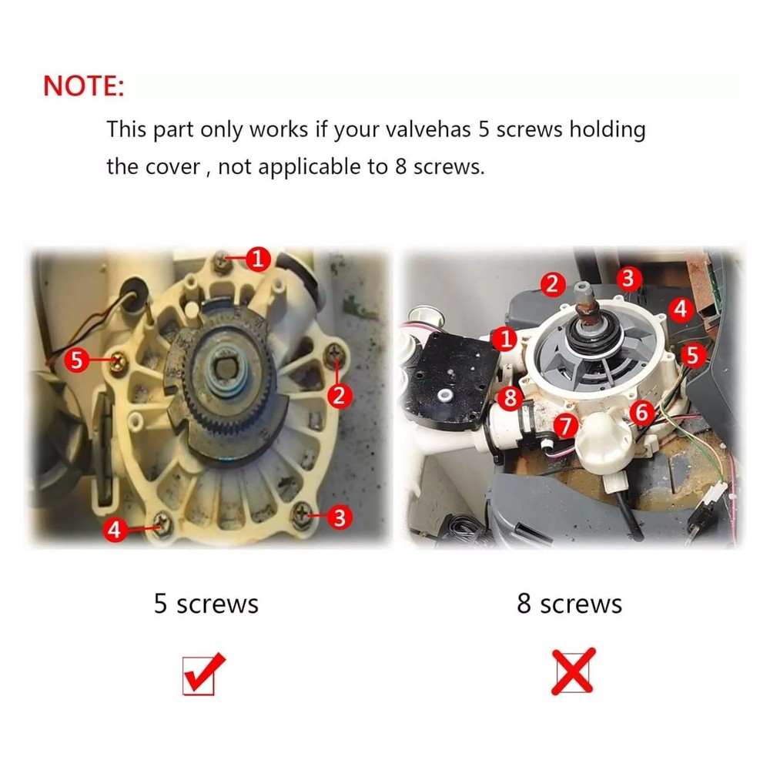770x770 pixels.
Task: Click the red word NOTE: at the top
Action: point(83,85)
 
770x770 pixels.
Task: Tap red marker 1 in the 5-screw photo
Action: point(258,259)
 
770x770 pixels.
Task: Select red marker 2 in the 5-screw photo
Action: point(340,396)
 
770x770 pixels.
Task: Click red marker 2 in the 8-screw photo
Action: point(552,284)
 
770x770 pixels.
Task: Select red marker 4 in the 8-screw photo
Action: point(680,310)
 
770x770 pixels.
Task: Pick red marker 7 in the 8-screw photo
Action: point(566,425)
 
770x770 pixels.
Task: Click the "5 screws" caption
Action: point(206,603)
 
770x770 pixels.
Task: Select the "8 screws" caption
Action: point(569,603)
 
